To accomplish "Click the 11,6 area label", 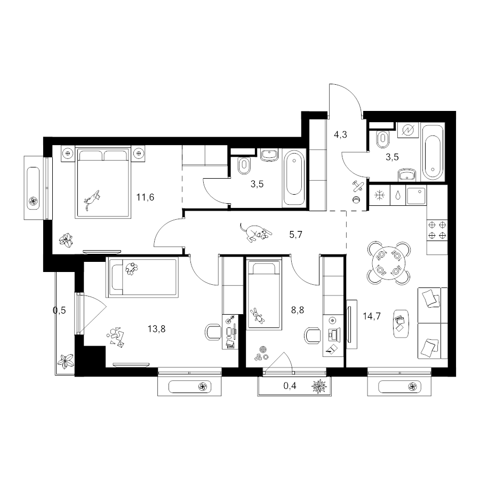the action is pyautogui.click(x=145, y=197).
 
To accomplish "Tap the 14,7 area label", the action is pyautogui.click(x=372, y=316).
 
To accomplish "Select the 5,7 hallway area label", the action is pyautogui.click(x=295, y=235).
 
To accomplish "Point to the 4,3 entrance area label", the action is pyautogui.click(x=340, y=134).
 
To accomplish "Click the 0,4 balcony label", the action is pyautogui.click(x=290, y=386).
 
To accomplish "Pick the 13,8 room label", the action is pyautogui.click(x=156, y=329).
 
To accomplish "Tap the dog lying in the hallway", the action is pyautogui.click(x=255, y=233).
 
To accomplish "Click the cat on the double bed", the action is pyautogui.click(x=93, y=199).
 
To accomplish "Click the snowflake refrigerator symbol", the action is pyautogui.click(x=380, y=195).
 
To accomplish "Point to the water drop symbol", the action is pyautogui.click(x=398, y=195).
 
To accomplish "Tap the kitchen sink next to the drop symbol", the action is pyautogui.click(x=415, y=196).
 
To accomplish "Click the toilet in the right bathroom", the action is pyautogui.click(x=382, y=138).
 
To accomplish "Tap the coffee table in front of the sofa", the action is pyautogui.click(x=401, y=324).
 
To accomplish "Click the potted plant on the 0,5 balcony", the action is pyautogui.click(x=66, y=362).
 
